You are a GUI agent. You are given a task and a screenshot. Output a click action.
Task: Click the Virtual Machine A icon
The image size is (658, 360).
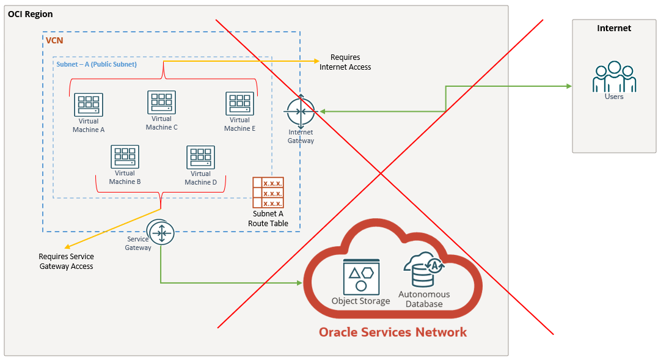pos(89,105)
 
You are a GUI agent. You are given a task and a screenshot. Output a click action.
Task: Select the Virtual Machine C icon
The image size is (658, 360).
pos(161,102)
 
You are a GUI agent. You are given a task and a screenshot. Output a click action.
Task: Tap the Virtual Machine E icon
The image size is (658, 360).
pos(240,104)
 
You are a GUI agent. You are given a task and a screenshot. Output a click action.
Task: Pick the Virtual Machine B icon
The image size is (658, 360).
pos(125,156)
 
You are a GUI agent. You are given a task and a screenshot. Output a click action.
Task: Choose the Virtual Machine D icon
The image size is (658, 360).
pos(200,157)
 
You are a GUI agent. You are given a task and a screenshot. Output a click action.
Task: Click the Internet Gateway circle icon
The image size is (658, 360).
pos(301,111)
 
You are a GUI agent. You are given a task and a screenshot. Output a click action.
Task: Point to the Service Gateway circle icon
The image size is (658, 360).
pos(161,232)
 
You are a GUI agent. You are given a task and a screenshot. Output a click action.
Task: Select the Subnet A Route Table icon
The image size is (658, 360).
pos(268,193)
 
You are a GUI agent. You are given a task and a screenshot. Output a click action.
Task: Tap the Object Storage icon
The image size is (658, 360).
pos(361,276)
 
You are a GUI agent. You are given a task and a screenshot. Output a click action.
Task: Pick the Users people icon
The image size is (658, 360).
pos(614,77)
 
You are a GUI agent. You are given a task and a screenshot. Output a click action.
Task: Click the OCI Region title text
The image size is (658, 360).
pos(31,14)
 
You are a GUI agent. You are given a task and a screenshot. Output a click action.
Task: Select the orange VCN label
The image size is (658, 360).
pos(54,40)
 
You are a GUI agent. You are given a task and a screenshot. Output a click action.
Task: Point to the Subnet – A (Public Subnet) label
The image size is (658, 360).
pos(97,64)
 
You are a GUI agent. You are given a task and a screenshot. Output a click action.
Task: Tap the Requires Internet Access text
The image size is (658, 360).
pos(345,62)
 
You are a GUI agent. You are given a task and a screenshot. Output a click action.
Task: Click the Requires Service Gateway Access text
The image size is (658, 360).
pos(66,262)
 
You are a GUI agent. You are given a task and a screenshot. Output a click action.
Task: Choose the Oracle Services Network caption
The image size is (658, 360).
pos(392,332)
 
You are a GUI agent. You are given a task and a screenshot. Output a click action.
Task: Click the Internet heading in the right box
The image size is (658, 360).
pos(614,28)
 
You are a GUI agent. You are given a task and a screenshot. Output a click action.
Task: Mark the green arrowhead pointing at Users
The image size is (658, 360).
pos(569,86)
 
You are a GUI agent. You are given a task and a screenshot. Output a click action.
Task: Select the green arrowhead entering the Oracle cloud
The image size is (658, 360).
pos(300,283)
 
